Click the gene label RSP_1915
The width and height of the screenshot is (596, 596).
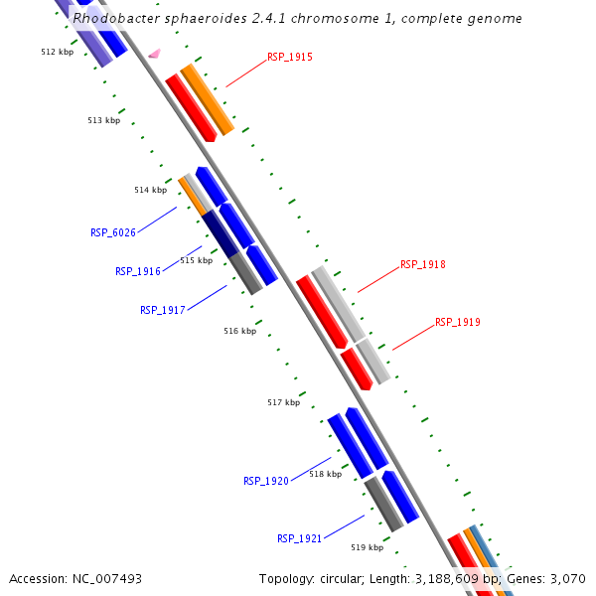pyautogui.click(x=290, y=58)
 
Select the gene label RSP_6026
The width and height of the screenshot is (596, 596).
pyautogui.click(x=112, y=232)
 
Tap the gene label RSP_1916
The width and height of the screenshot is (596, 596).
pyautogui.click(x=137, y=271)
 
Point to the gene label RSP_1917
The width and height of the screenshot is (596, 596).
pyautogui.click(x=162, y=310)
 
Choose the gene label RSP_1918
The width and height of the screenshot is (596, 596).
pyautogui.click(x=422, y=265)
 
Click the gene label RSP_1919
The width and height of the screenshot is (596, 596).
pyautogui.click(x=457, y=323)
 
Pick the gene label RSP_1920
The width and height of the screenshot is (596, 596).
pyautogui.click(x=265, y=481)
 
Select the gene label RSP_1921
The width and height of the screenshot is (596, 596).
pyautogui.click(x=299, y=538)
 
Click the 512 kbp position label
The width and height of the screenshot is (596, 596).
pyautogui.click(x=57, y=51)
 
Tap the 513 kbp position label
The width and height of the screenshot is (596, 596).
pyautogui.click(x=103, y=120)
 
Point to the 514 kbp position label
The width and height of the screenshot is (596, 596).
pyautogui.click(x=150, y=190)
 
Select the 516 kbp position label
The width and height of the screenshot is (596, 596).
pyautogui.click(x=239, y=331)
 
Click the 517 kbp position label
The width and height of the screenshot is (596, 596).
pyautogui.click(x=283, y=402)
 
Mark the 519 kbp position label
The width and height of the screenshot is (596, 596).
pyautogui.click(x=367, y=547)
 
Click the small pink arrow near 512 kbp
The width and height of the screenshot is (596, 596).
pyautogui.click(x=154, y=53)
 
